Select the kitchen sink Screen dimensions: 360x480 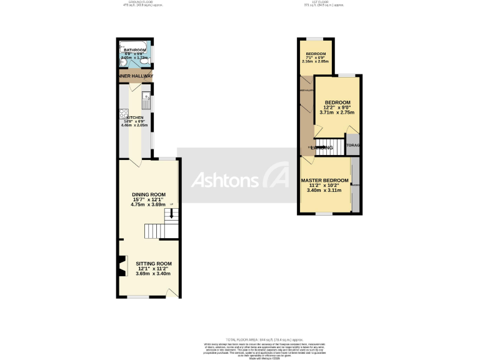[x=146, y=96]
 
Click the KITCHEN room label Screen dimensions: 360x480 [x=135, y=117]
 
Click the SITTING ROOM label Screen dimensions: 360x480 [x=153, y=264]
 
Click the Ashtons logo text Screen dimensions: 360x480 [x=224, y=180]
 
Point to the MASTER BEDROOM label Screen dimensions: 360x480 [x=324, y=181]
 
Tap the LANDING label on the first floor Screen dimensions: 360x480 [x=322, y=148]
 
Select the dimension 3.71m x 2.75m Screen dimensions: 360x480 [x=337, y=112]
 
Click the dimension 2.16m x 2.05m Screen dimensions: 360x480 [x=315, y=61]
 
